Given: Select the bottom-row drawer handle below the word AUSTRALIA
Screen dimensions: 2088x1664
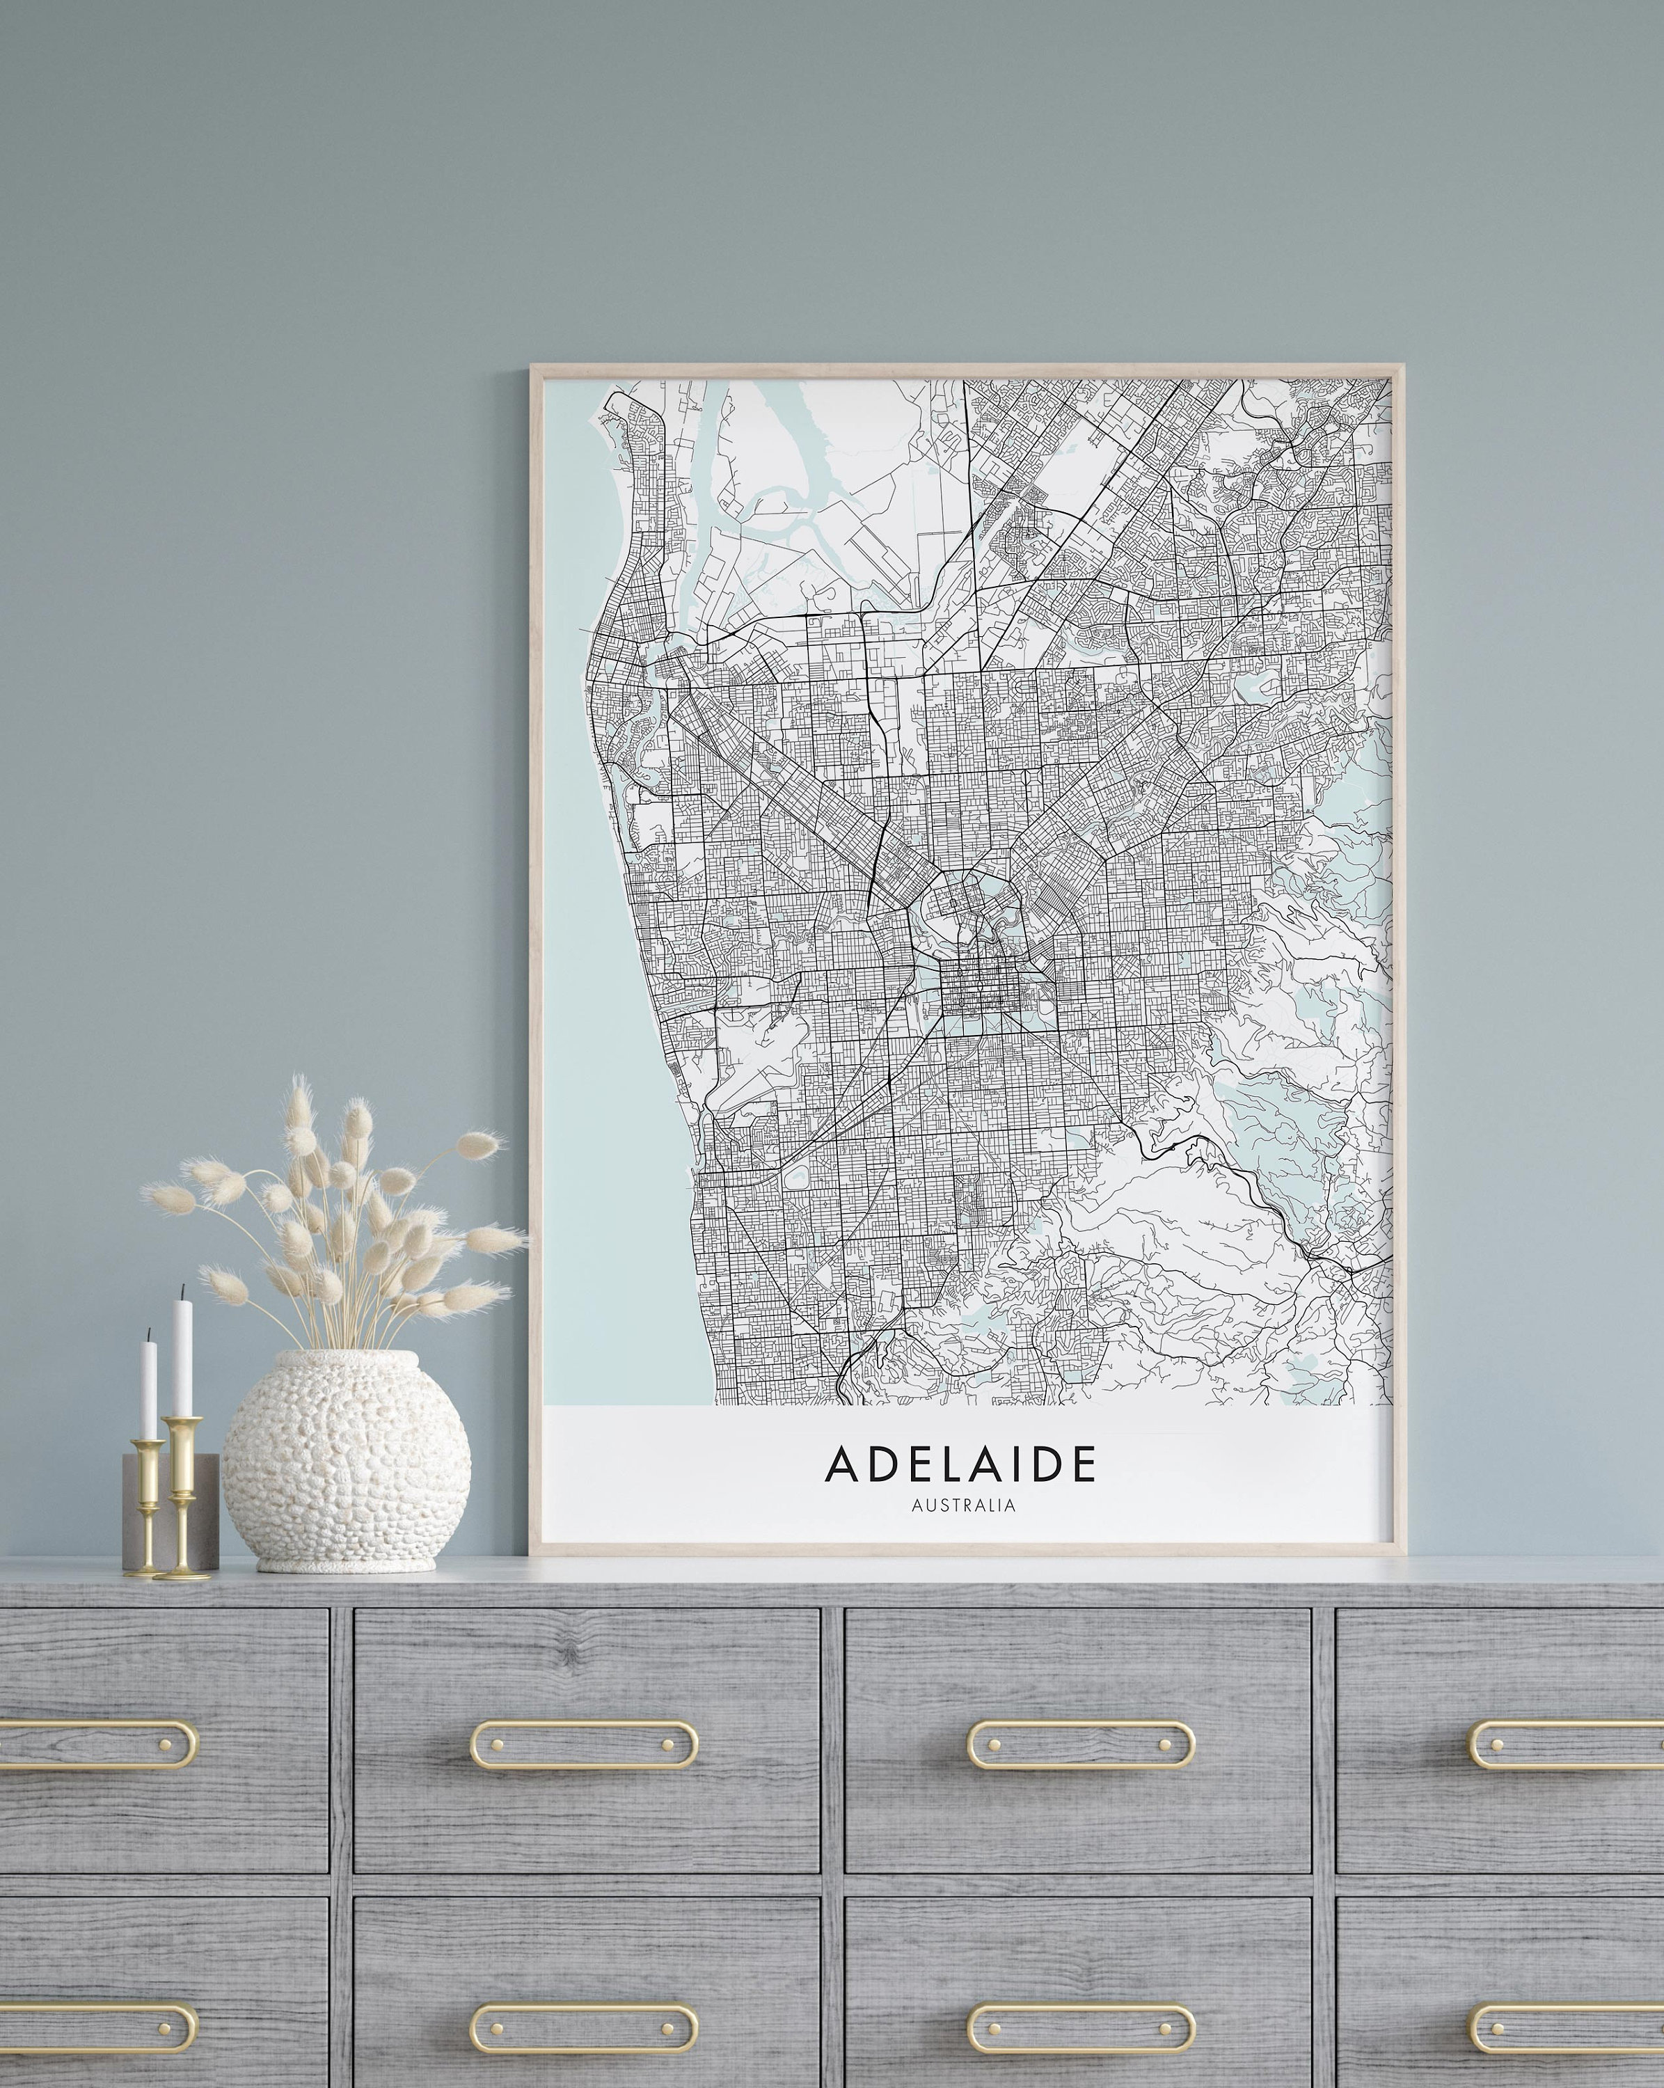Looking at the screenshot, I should point(1081,2026).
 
